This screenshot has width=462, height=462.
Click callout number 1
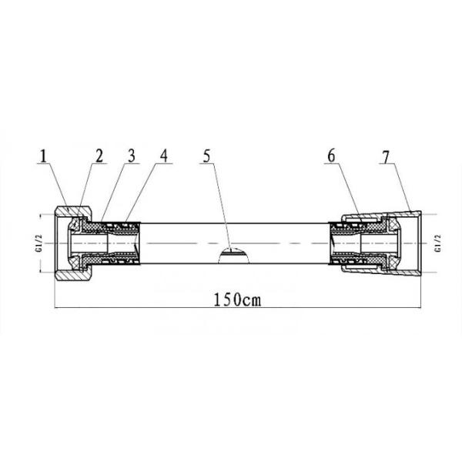(43, 156)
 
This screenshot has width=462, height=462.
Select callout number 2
(99, 156)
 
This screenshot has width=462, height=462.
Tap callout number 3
(132, 156)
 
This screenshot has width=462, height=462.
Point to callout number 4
(163, 156)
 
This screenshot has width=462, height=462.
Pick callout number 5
(207, 156)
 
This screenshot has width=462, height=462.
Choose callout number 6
(331, 156)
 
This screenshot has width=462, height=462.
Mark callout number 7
(386, 157)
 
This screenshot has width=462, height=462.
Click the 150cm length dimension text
(237, 300)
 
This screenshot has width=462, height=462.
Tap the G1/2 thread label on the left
(40, 243)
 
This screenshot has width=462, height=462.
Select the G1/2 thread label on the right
(438, 243)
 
